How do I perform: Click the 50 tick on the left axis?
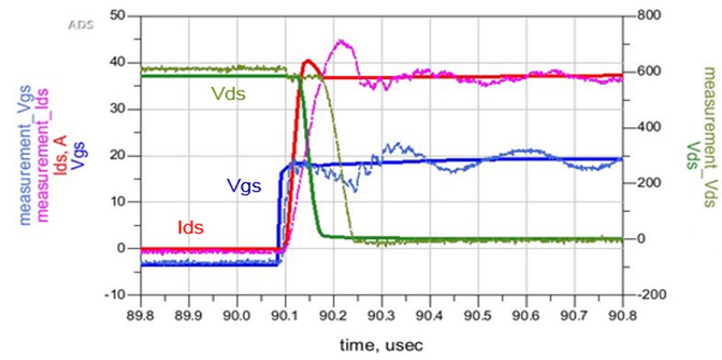(119, 16)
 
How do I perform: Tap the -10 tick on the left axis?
(116, 296)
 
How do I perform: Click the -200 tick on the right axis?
(650, 296)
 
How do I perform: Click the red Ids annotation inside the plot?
(190, 227)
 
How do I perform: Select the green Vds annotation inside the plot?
(229, 94)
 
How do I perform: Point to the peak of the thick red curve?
(308, 60)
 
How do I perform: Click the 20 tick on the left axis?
(119, 155)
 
